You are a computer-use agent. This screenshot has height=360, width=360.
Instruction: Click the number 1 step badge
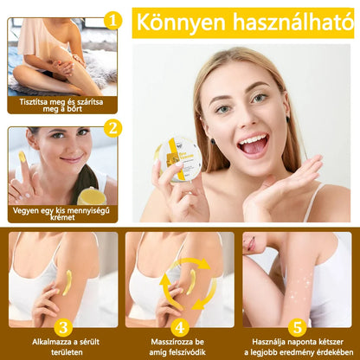tap(112, 21)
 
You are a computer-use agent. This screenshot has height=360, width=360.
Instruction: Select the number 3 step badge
tap(61, 327)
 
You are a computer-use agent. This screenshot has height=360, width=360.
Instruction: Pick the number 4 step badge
tap(180, 327)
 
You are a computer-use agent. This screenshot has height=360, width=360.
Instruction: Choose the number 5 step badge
tap(298, 327)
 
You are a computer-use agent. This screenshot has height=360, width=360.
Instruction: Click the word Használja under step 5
tap(275, 343)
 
